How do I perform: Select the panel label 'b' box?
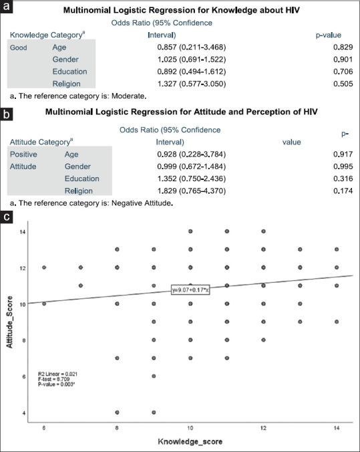7,114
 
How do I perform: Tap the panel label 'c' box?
7,217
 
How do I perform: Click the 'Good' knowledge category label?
19,47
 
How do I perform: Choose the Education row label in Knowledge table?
69,72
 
